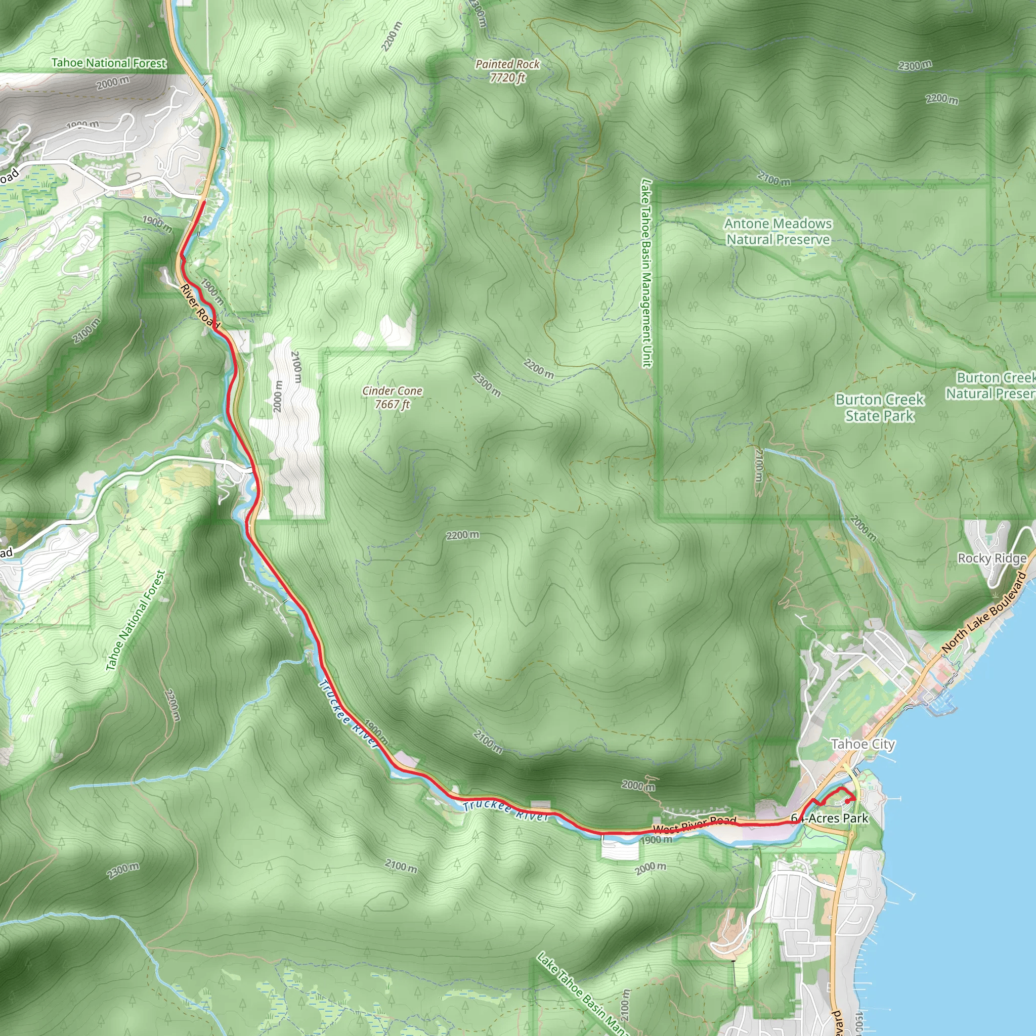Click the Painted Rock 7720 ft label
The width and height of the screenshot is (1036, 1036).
pyautogui.click(x=507, y=71)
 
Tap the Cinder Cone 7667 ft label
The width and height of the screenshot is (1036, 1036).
pyautogui.click(x=392, y=397)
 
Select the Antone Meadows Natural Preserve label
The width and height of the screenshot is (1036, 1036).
pyautogui.click(x=778, y=232)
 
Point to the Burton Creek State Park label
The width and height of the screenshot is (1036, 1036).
pyautogui.click(x=879, y=408)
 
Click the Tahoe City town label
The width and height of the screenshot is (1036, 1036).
pyautogui.click(x=863, y=744)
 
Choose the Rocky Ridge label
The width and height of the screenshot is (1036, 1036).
pyautogui.click(x=992, y=558)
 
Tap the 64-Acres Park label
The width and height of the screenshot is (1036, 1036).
pyautogui.click(x=830, y=818)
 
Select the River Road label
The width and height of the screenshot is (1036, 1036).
pyautogui.click(x=200, y=306)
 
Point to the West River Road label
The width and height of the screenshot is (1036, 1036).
pyautogui.click(x=695, y=825)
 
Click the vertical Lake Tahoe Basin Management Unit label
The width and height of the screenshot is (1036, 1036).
pyautogui.click(x=646, y=274)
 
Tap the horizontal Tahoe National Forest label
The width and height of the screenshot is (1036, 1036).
pyautogui.click(x=109, y=63)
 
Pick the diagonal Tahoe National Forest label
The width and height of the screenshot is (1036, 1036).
pyautogui.click(x=136, y=620)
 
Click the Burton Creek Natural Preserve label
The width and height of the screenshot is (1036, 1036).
pyautogui.click(x=991, y=385)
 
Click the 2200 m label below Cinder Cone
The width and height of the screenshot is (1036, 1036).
pyautogui.click(x=462, y=535)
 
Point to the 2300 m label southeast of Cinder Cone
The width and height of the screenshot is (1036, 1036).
pyautogui.click(x=486, y=385)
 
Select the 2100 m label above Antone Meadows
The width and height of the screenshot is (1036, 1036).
pyautogui.click(x=774, y=179)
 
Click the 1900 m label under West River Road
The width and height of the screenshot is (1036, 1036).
pyautogui.click(x=656, y=840)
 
